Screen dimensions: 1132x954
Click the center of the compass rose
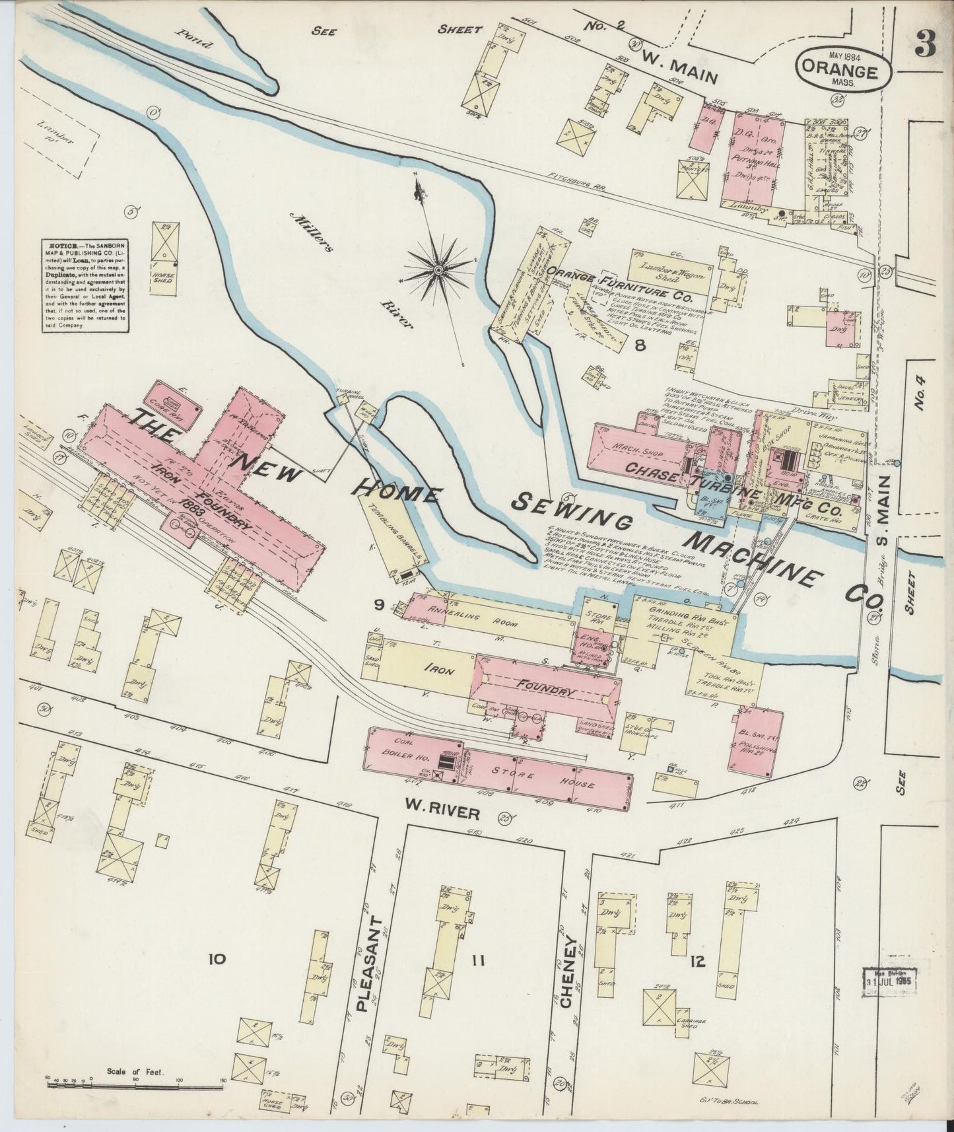tap(438, 270)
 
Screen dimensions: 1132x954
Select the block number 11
tap(477, 961)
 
